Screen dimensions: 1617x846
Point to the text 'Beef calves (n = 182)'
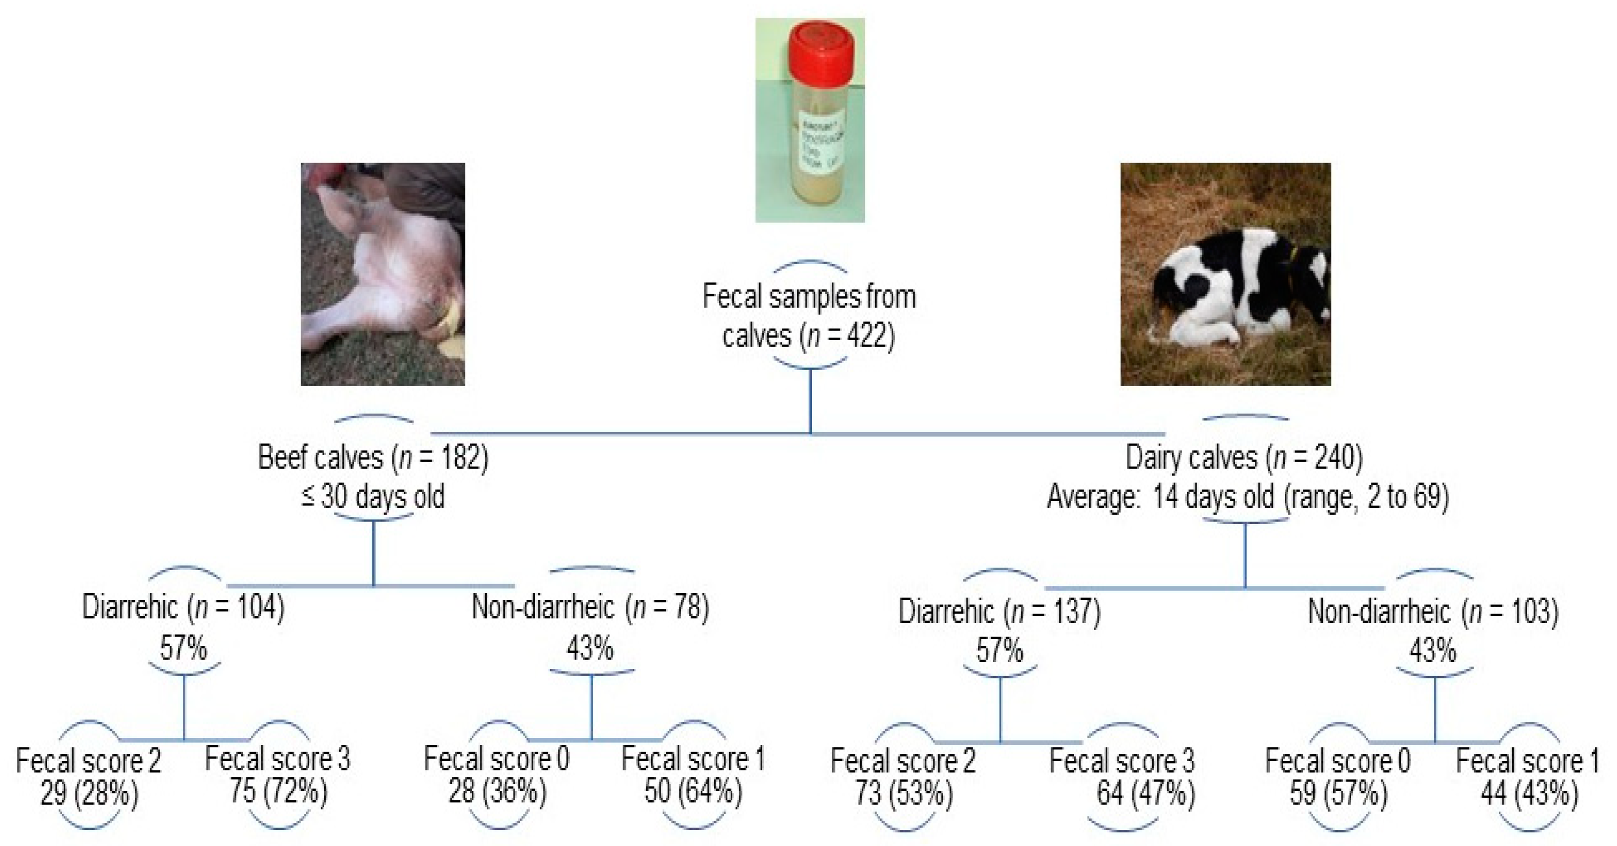click(x=373, y=458)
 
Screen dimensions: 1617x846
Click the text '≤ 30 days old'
click(x=373, y=497)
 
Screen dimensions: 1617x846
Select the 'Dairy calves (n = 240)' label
click(x=1244, y=458)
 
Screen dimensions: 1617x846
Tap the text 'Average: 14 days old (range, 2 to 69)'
click(x=1247, y=497)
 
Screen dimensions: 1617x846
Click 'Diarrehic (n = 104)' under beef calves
click(x=183, y=607)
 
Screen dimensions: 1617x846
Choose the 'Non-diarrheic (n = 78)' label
click(x=590, y=607)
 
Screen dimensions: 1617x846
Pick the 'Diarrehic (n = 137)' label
click(x=999, y=611)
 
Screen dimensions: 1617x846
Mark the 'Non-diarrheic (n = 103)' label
click(x=1433, y=611)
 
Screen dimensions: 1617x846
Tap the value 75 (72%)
click(x=278, y=791)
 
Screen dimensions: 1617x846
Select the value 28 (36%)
click(x=497, y=791)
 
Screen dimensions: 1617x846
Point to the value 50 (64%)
click(x=693, y=791)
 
